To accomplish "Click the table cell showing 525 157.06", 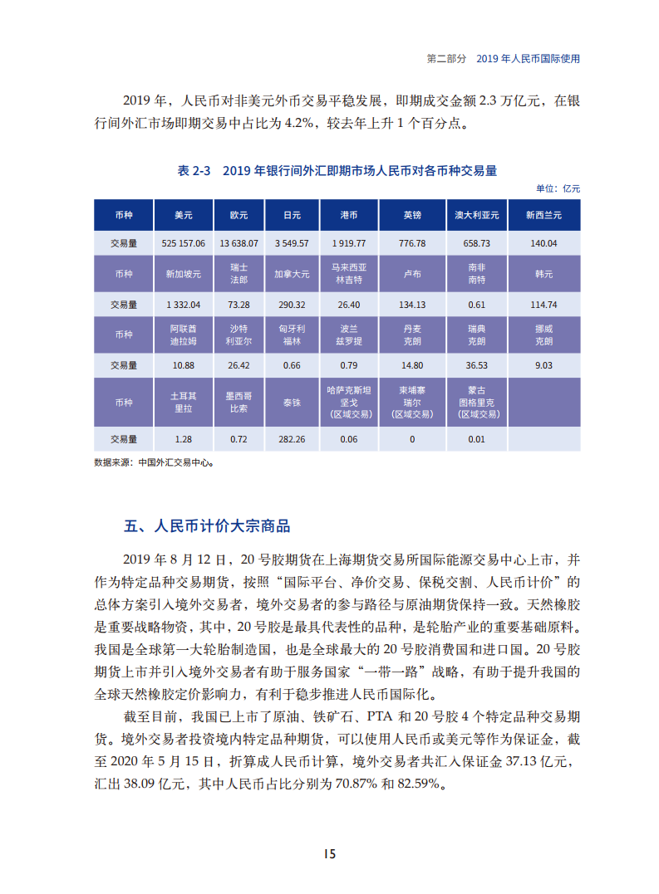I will tap(184, 243).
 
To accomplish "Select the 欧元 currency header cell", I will tap(239, 215).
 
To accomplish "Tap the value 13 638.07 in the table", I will tap(239, 243).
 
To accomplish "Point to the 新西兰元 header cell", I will tap(543, 215).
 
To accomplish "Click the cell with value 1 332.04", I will tap(184, 305).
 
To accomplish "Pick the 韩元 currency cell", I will tap(543, 273).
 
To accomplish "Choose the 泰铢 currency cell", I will tap(291, 402).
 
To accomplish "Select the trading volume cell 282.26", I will tap(291, 439).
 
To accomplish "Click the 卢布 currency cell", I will tap(412, 273).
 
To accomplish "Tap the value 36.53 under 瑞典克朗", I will tap(476, 365).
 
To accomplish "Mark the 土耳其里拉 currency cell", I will tap(184, 402).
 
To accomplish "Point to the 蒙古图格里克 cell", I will tap(476, 402).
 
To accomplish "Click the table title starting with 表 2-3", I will tap(337, 170).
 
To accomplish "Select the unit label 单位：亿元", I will tap(558, 188).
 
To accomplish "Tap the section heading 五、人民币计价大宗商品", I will tap(207, 526).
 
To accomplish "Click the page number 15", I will tap(329, 854).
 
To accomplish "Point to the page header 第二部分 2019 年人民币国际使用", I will tap(502, 59).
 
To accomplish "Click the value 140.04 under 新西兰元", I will tap(543, 243).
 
